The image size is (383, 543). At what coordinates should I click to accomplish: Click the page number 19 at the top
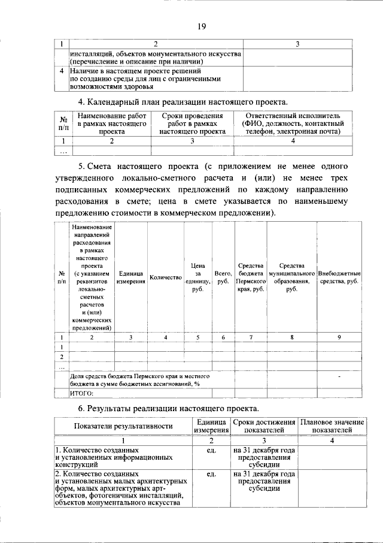pos(202,26)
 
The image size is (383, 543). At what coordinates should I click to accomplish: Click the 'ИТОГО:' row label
pos(83,393)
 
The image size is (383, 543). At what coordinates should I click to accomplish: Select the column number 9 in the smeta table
pos(339,337)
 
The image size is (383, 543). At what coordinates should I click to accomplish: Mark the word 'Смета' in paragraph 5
pos(111,166)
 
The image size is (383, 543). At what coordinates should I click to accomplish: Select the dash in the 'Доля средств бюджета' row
pos(339,376)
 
